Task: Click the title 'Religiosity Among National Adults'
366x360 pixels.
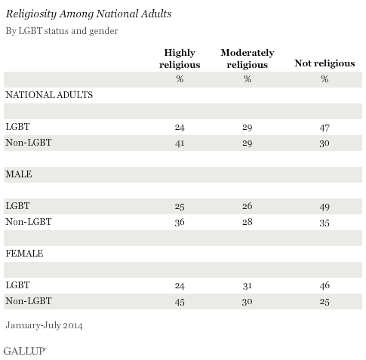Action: (88, 14)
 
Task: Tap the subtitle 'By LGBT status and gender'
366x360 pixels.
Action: (62, 31)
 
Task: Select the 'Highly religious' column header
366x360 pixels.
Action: (180, 59)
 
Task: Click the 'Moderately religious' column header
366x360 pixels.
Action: (248, 59)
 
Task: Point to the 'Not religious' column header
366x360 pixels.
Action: (324, 63)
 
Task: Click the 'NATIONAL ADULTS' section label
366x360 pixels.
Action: (49, 95)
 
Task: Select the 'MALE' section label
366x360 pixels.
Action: (19, 174)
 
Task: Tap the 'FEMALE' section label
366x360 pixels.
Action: (24, 254)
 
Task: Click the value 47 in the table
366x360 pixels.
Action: (324, 128)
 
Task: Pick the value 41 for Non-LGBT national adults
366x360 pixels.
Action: (180, 143)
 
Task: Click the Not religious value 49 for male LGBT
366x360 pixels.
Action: (324, 207)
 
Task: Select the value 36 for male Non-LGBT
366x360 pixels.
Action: (180, 223)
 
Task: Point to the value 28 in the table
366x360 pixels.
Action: (248, 222)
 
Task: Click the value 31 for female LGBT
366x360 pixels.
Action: (248, 286)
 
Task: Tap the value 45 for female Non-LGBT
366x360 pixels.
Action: (180, 302)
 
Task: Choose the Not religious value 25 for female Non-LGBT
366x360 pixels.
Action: (324, 302)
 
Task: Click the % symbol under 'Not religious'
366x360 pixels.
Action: (324, 79)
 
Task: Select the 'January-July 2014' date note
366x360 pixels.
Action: (44, 325)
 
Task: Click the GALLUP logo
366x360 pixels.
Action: (25, 351)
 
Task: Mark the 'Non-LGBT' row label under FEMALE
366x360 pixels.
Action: (29, 301)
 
